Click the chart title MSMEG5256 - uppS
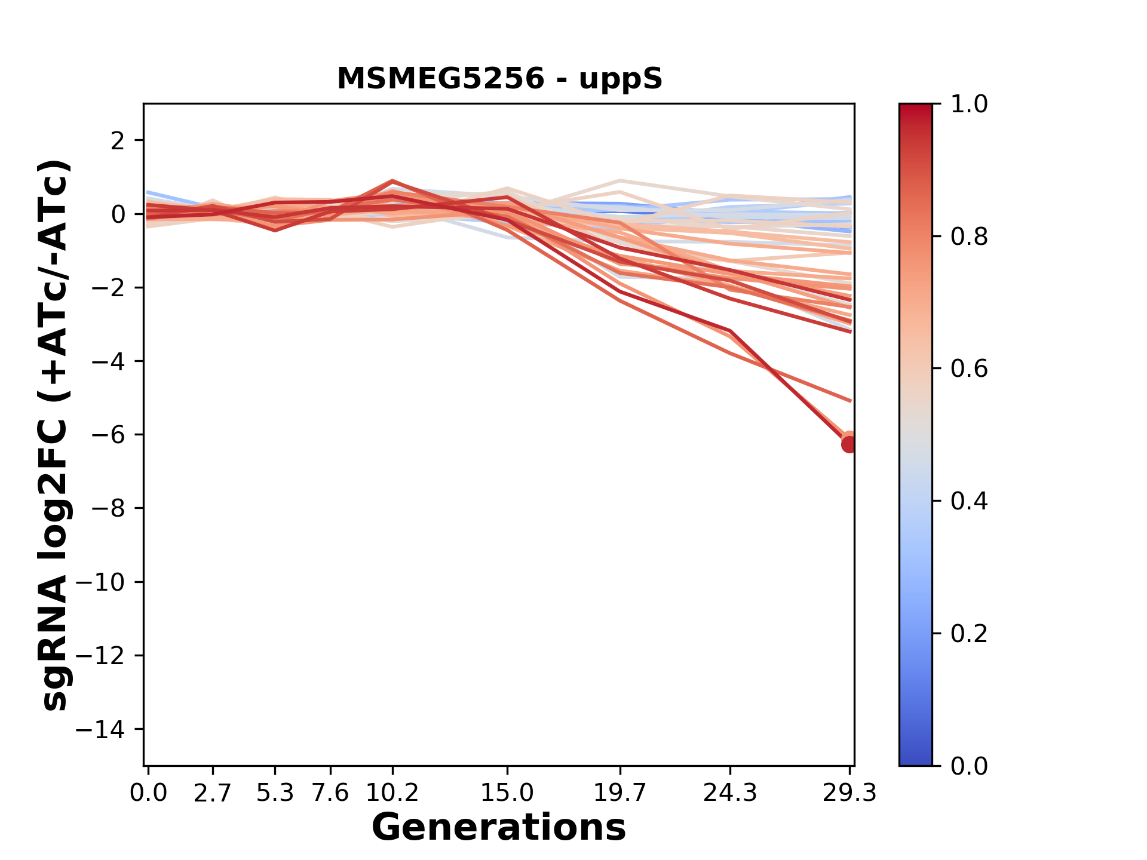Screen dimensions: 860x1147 point(499,79)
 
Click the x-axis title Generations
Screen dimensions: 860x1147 point(499,828)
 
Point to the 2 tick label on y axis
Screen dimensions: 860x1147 point(119,141)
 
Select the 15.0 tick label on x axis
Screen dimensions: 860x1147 point(507,793)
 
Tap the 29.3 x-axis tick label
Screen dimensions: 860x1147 point(849,793)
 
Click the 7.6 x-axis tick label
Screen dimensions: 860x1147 point(330,793)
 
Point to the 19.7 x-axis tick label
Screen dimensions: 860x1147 point(620,793)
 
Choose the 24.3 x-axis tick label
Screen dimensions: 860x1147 point(730,793)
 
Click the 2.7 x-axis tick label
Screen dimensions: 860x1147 point(213,793)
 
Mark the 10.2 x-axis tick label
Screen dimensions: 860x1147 point(392,793)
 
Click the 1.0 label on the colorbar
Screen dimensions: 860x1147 point(969,105)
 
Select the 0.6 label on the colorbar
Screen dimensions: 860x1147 point(969,369)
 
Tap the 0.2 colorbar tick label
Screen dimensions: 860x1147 point(969,634)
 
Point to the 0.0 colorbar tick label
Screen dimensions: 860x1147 point(969,766)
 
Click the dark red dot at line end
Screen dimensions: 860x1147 point(849,444)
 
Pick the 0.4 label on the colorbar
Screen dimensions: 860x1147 point(969,501)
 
